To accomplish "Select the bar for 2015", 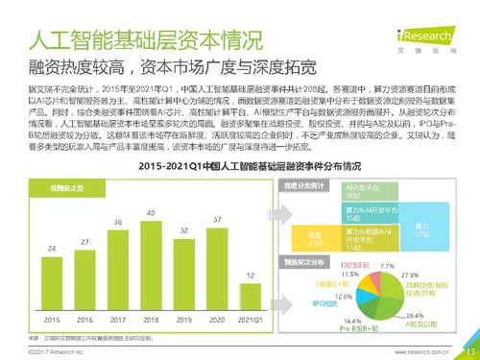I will (x=51, y=280).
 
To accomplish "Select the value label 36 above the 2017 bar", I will (x=118, y=223).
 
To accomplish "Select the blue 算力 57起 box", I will (x=420, y=229).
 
